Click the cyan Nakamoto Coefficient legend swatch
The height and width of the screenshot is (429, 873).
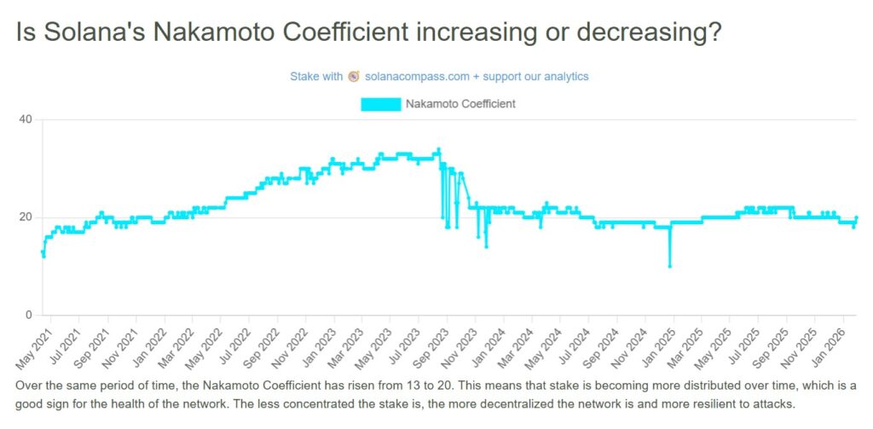click(380, 104)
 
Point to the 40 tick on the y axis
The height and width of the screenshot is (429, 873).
click(26, 119)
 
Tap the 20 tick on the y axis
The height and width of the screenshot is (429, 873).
click(26, 217)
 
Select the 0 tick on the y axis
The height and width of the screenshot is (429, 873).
click(29, 316)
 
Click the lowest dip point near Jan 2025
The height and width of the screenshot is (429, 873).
click(670, 266)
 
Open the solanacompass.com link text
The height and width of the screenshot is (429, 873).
click(417, 76)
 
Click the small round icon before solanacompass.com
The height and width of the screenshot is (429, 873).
click(354, 76)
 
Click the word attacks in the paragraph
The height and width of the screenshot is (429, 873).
click(773, 403)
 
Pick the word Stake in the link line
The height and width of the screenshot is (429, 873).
click(304, 76)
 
